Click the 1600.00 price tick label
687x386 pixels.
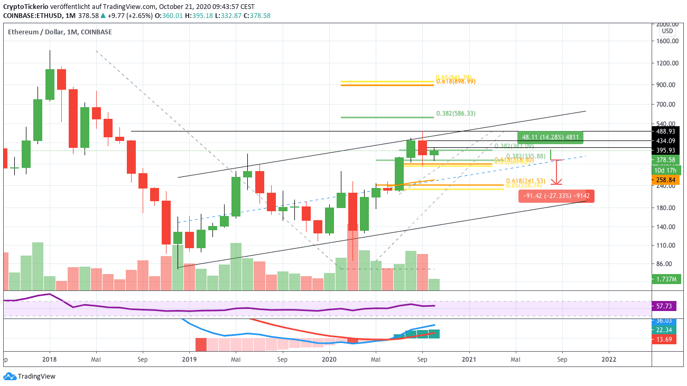tap(666, 41)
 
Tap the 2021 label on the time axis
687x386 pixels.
tap(469, 359)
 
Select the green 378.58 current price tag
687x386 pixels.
tap(666, 160)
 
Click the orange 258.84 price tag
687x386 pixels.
tap(666, 180)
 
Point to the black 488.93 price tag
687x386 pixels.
tap(666, 131)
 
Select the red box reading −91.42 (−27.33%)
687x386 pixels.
tap(556, 196)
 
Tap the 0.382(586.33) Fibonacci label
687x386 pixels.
tap(456, 114)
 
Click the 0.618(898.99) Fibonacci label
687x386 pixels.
tap(456, 81)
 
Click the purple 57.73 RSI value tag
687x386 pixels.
tap(666, 306)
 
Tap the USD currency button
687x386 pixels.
tap(666, 31)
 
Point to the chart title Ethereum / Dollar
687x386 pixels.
tap(36, 32)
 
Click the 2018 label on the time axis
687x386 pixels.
tap(49, 359)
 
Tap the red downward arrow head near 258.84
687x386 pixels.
tap(556, 182)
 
